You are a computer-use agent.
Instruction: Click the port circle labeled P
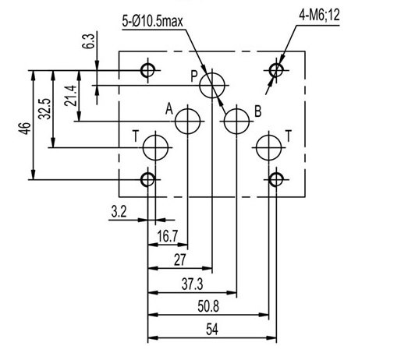tap(200, 86)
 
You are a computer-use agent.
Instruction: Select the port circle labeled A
tap(176, 122)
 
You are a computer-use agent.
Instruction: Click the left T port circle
tap(143, 147)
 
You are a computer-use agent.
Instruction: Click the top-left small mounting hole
tap(141, 71)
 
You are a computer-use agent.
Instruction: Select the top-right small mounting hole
tap(269, 71)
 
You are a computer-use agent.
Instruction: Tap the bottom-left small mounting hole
tap(141, 180)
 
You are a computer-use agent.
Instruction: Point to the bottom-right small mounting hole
tap(269, 180)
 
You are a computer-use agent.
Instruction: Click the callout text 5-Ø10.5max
tap(152, 21)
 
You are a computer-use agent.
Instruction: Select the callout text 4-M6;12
tap(319, 15)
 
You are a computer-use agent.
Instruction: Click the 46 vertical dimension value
tap(26, 129)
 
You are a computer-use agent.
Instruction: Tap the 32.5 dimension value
tap(44, 109)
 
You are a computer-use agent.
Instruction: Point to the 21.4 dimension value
tap(70, 96)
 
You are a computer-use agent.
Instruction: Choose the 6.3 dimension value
tap(88, 41)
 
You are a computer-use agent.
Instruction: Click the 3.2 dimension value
tap(119, 212)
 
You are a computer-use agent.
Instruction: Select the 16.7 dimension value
tap(167, 236)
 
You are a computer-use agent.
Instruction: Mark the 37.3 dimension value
tap(193, 284)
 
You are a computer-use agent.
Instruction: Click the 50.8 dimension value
tap(208, 307)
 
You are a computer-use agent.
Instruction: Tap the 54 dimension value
tap(212, 330)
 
